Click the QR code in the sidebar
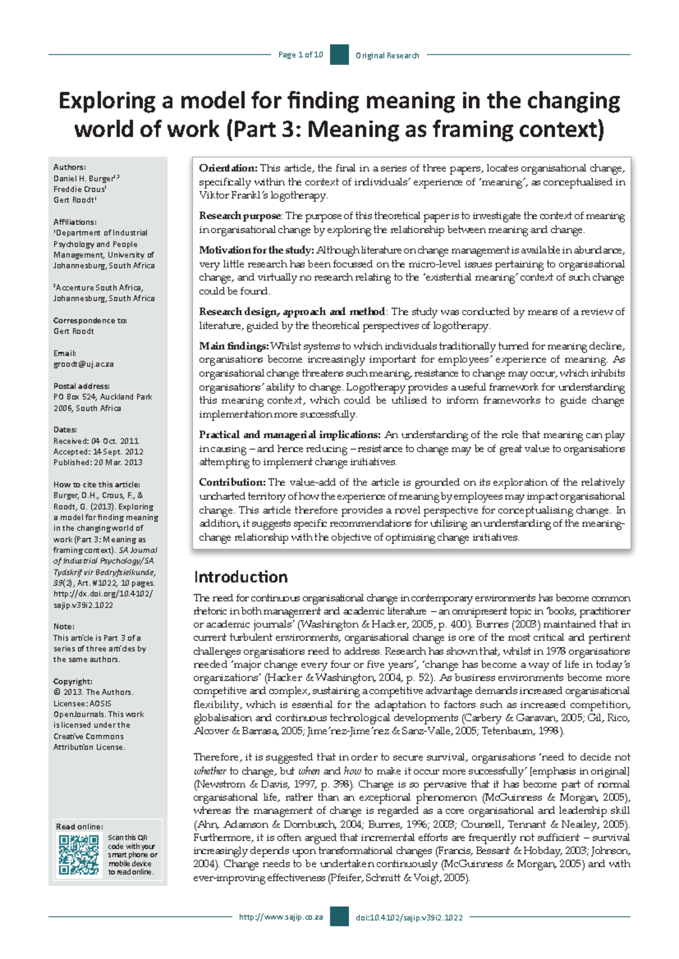click(x=79, y=854)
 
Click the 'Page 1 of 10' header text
click(x=300, y=55)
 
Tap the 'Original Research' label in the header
click(x=387, y=55)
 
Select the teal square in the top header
click(x=339, y=55)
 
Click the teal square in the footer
click(x=339, y=917)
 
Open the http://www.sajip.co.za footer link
click(x=281, y=917)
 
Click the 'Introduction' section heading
click(x=240, y=577)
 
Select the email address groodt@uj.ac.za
click(x=83, y=364)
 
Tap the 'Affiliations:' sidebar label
click(x=75, y=222)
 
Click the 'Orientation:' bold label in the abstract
click(x=228, y=168)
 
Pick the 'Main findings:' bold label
click(x=234, y=345)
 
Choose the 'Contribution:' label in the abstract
click(x=232, y=482)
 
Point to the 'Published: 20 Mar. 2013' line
click(x=97, y=462)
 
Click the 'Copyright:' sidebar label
click(x=72, y=681)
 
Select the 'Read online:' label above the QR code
click(x=79, y=827)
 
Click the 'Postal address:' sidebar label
click(x=81, y=386)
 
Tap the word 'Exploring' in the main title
click(x=107, y=101)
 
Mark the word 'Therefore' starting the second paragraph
click(x=216, y=757)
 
